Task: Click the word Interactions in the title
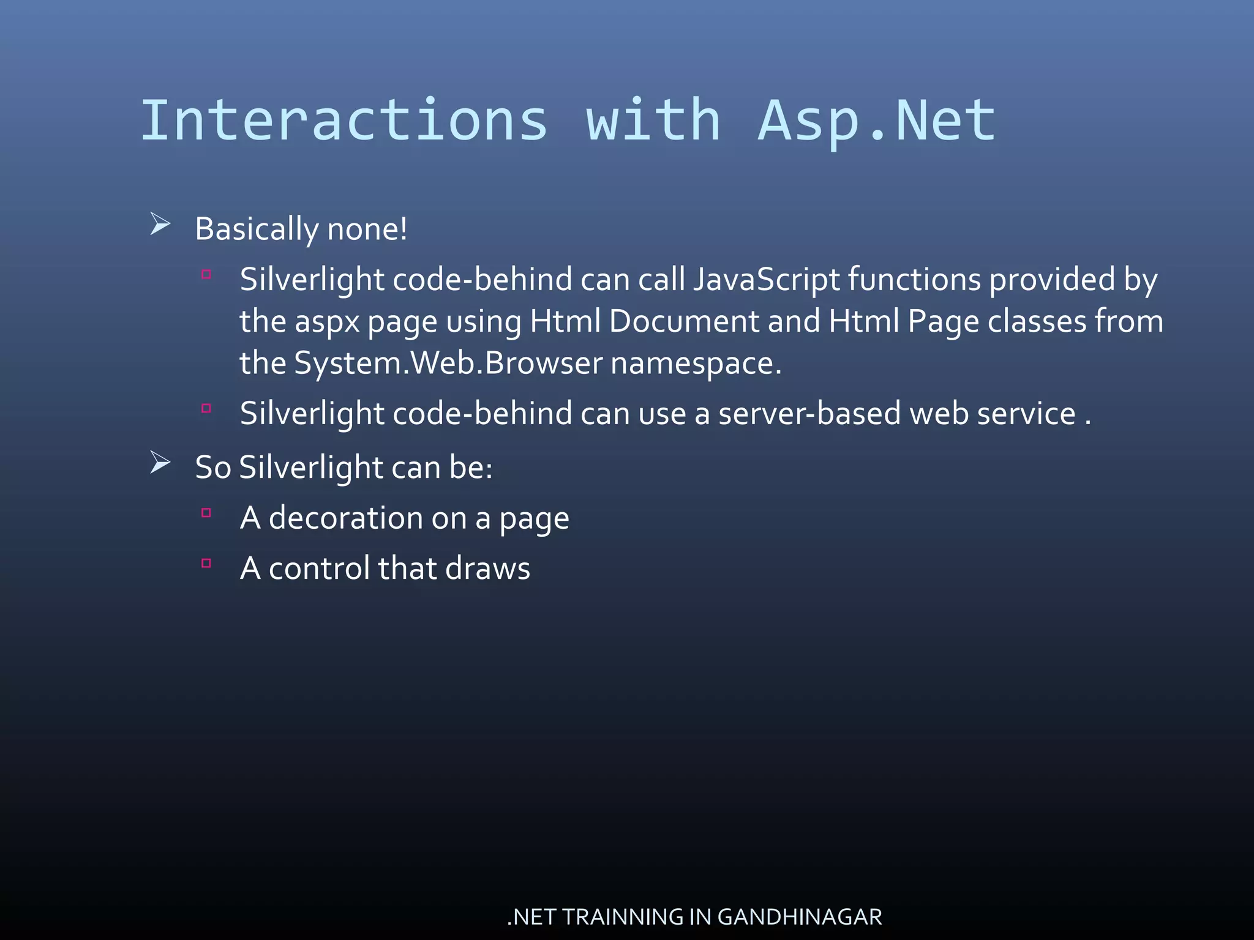(344, 121)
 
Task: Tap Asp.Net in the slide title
(877, 121)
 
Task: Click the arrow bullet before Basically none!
(160, 224)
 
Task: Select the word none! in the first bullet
(367, 229)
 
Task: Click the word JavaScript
(767, 280)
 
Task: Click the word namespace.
(696, 363)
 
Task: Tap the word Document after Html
(684, 321)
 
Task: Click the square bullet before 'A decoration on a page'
(206, 513)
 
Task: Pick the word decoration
(345, 518)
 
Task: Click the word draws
(487, 568)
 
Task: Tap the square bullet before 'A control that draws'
(206, 563)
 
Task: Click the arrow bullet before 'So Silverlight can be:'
(160, 463)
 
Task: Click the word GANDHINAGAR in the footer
(799, 917)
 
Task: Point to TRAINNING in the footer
(622, 917)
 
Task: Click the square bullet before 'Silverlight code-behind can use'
(206, 408)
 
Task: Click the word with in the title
(653, 121)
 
